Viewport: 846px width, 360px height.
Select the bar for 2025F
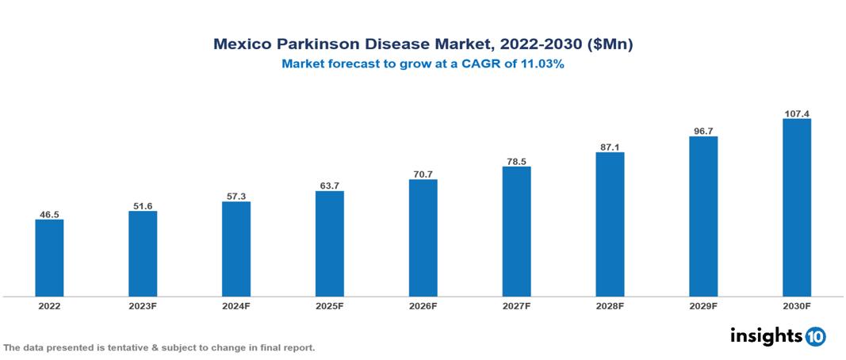(329, 243)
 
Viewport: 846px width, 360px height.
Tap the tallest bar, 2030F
(796, 208)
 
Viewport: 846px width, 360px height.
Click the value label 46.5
(49, 214)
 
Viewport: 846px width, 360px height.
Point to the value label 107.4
(796, 113)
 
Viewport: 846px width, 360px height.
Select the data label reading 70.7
(423, 174)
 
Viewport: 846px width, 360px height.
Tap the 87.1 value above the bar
(610, 147)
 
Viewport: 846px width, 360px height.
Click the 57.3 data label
(236, 196)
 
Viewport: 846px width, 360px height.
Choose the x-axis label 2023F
(143, 305)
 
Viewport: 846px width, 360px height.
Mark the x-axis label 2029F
(702, 305)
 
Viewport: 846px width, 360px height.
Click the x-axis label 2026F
(423, 305)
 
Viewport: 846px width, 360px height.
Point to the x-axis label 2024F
(236, 305)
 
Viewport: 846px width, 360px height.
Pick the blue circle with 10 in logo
(815, 336)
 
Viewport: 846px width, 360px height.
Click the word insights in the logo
(765, 335)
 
